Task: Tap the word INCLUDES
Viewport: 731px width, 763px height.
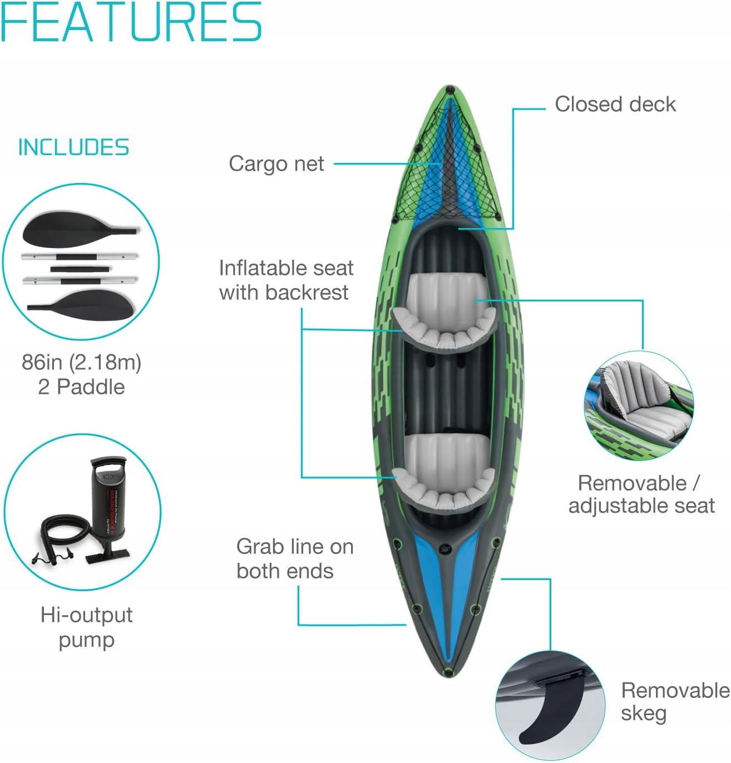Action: click(74, 147)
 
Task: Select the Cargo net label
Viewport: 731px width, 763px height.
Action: click(276, 164)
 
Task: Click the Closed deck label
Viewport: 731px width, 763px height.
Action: click(615, 105)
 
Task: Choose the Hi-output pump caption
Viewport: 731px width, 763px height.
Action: click(87, 627)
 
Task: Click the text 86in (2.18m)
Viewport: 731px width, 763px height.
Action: click(82, 362)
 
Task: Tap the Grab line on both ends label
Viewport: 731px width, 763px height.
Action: click(294, 559)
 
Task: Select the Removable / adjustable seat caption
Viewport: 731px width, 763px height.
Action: click(641, 494)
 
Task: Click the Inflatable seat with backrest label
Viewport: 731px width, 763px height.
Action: click(286, 280)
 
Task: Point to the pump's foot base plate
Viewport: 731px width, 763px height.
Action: click(107, 556)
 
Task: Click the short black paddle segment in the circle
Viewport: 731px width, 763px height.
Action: click(80, 269)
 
